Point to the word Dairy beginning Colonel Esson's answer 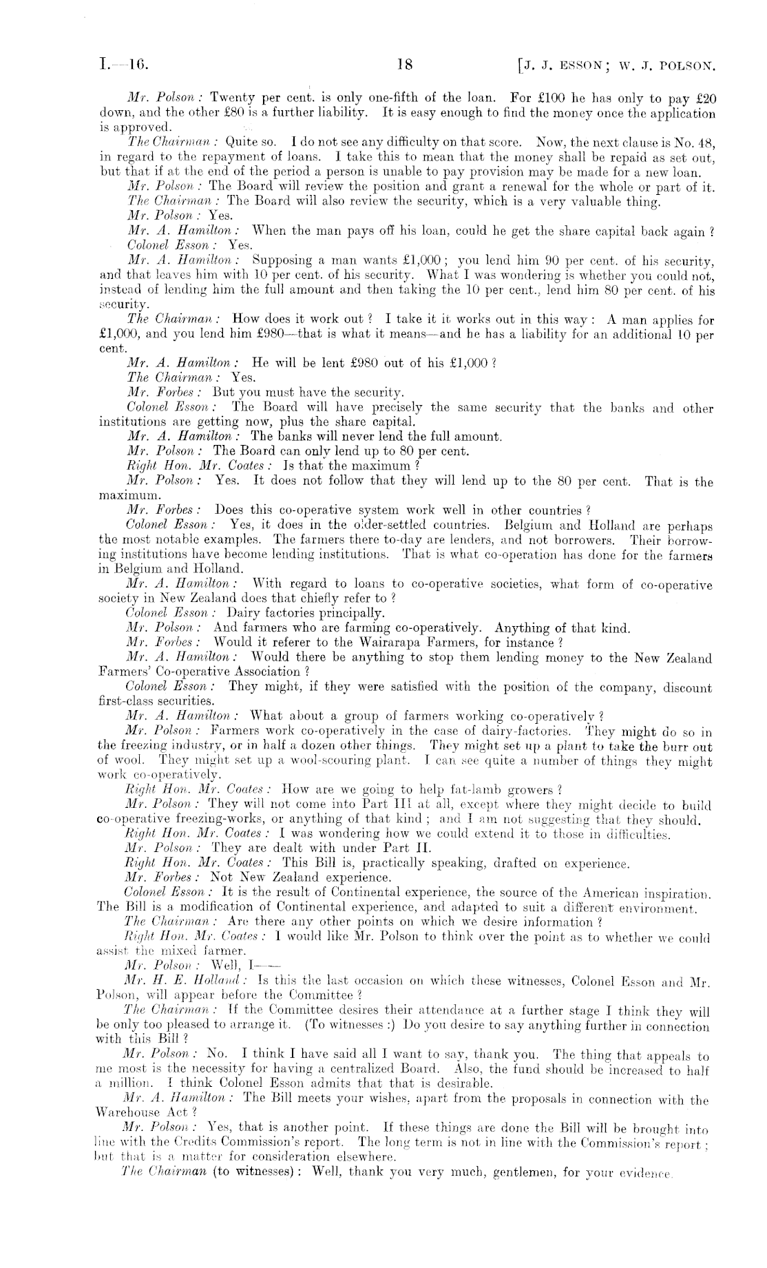(244, 612)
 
